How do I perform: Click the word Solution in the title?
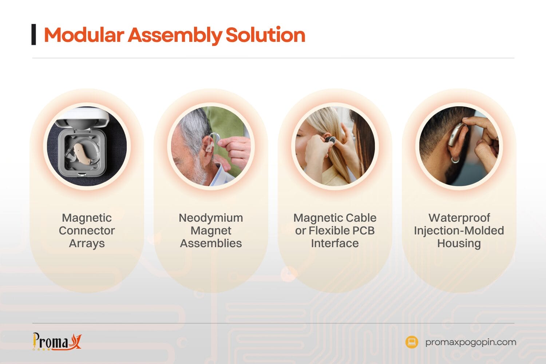pos(265,35)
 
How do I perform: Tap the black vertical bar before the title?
pos(34,35)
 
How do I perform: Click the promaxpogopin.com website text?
pos(470,342)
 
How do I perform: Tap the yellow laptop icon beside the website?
pos(412,342)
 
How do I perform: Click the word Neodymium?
pos(211,218)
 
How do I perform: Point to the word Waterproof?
pos(459,218)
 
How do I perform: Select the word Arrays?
pos(87,243)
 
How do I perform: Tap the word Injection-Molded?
pos(459,230)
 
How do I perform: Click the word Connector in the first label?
pos(87,230)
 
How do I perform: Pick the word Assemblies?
pos(211,243)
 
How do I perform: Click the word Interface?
pos(335,243)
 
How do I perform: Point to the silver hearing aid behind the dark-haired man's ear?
pos(456,135)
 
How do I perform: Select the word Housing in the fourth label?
pos(459,243)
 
